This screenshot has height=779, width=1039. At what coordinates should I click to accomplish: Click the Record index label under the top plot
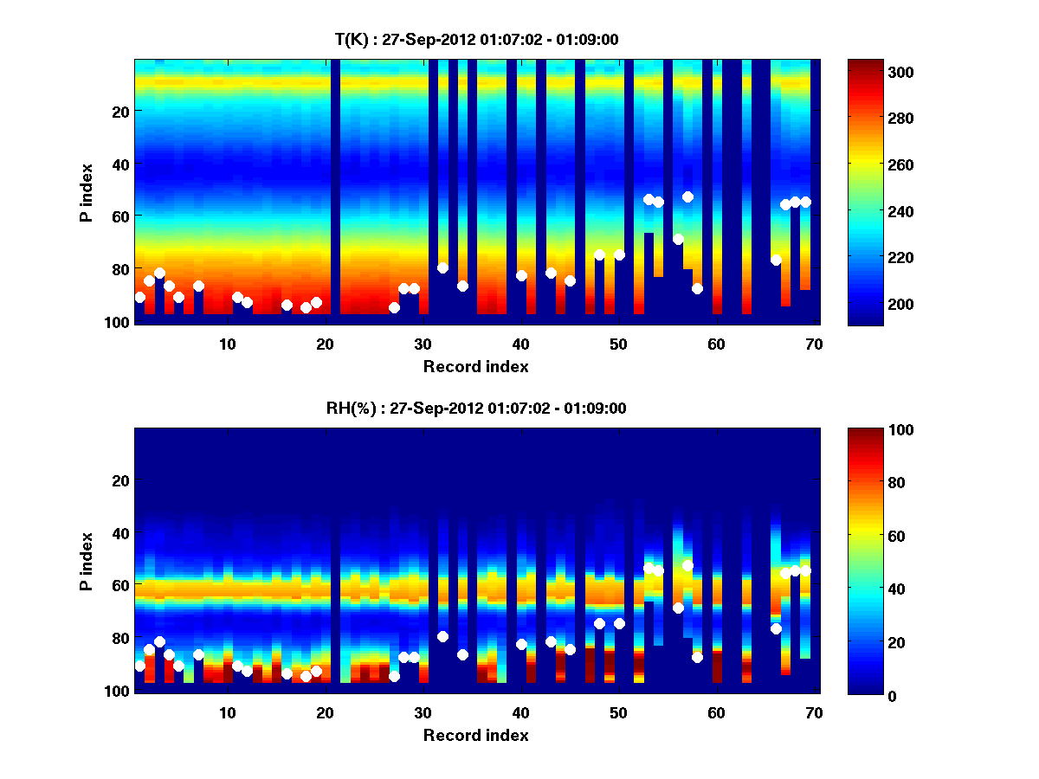[x=475, y=366]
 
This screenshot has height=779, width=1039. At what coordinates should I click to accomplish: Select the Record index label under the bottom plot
[x=475, y=735]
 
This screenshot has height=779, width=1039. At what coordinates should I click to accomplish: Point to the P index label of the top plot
[x=87, y=192]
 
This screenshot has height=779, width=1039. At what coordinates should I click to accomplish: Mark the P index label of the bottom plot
[x=87, y=561]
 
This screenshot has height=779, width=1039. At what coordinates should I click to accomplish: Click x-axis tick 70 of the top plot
[x=814, y=344]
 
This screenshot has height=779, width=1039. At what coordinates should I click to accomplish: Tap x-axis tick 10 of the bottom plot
[x=227, y=712]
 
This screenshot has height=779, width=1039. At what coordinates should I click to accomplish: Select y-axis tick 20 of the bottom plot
[x=121, y=480]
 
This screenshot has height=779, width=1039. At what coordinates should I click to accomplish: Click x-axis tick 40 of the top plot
[x=520, y=344]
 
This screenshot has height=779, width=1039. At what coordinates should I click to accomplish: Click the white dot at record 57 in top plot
[x=687, y=196]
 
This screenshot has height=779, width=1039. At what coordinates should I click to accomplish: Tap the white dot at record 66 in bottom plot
[x=776, y=628]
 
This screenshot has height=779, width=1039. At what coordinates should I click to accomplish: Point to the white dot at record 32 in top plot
[x=442, y=267]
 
